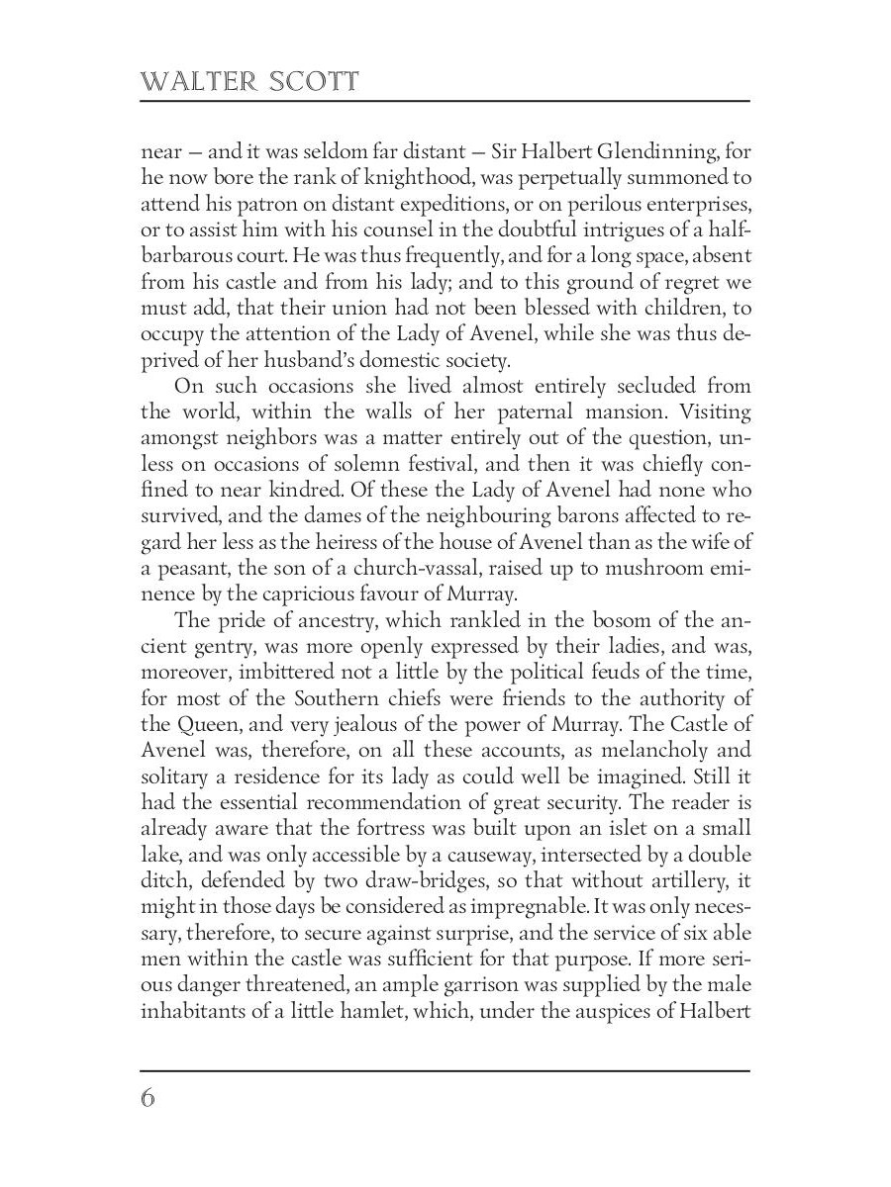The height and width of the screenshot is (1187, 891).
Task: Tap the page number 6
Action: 148,1098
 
